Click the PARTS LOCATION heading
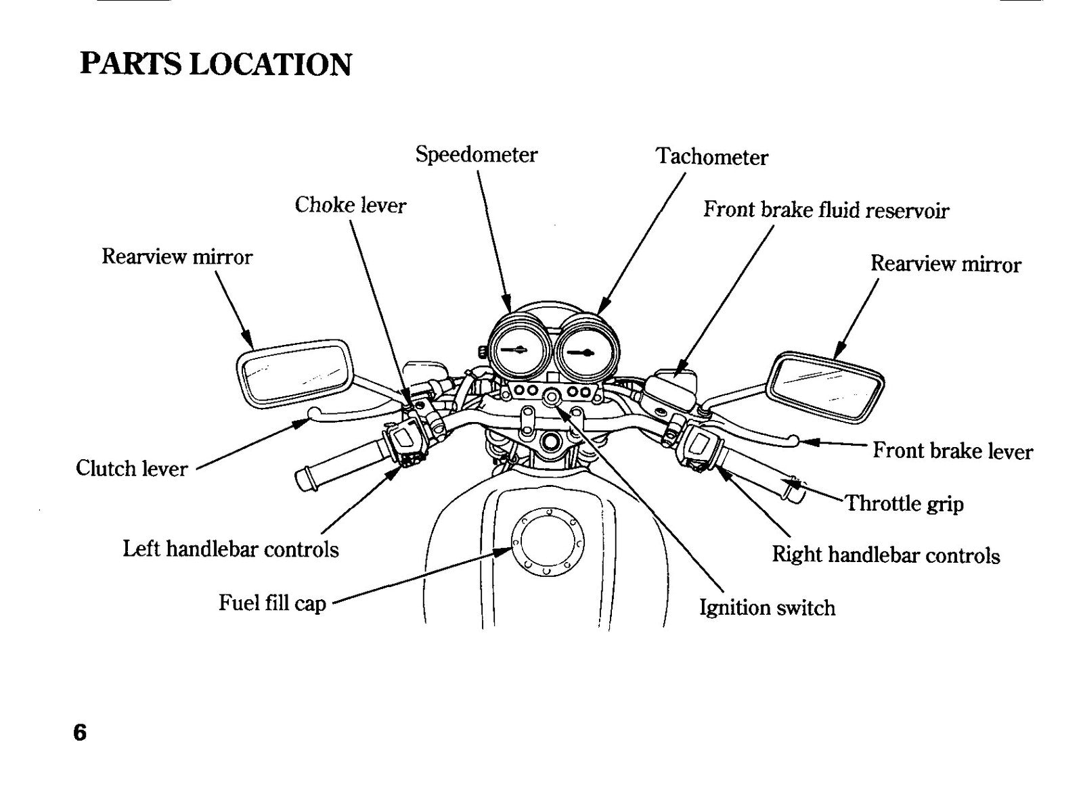pos(216,64)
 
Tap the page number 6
pos(80,732)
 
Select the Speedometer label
pos(477,155)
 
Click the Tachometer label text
pos(711,156)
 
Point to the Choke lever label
pos(351,205)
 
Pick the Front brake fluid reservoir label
pos(826,210)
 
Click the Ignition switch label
pos(768,607)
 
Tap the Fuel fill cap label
pos(272,603)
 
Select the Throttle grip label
pos(904,503)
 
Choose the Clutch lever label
pos(131,468)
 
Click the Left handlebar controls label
pos(231,549)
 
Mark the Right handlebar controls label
pos(886,554)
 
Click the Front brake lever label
pos(952,451)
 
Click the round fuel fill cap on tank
pos(548,542)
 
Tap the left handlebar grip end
pos(305,478)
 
